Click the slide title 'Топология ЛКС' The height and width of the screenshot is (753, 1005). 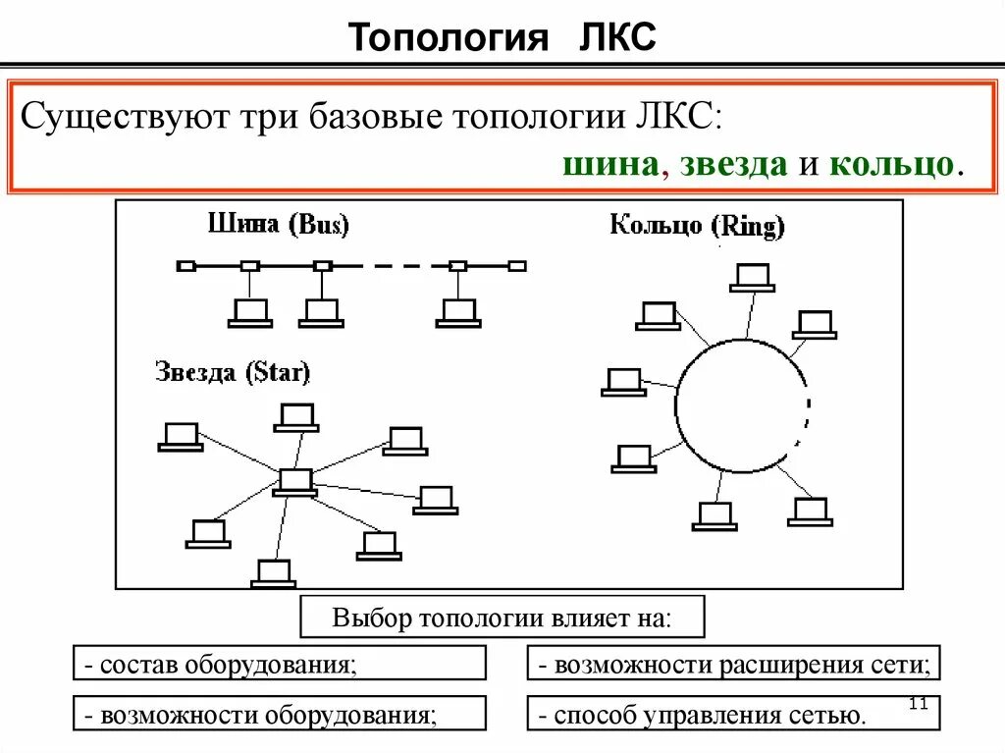pos(502,38)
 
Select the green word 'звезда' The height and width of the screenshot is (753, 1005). pos(732,163)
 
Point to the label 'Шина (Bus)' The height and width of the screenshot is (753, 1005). pos(279,225)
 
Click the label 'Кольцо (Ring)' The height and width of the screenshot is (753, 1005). pos(698,227)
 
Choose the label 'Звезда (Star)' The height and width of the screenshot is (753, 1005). pos(233,372)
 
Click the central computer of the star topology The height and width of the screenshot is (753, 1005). pos(294,482)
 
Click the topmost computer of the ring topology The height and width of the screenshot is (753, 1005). pos(753,277)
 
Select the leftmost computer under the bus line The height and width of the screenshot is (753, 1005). pos(249,312)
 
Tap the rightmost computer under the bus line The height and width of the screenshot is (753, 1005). pos(458,312)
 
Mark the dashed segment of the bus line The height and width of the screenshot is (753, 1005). pos(390,265)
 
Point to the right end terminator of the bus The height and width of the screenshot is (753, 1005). pos(517,265)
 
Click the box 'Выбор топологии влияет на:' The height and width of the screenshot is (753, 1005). pos(502,618)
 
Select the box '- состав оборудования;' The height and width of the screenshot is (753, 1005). pos(280,664)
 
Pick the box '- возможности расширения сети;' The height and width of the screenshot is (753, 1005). pos(733,664)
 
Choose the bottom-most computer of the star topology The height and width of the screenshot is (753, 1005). pos(274,573)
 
